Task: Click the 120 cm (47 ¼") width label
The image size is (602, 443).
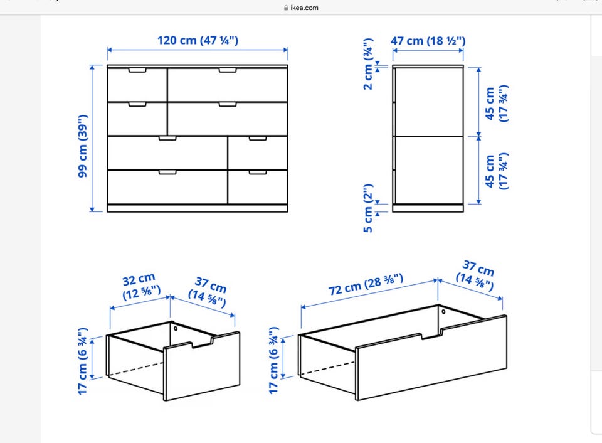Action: coord(198,40)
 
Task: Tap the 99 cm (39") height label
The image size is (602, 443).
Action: coord(83,146)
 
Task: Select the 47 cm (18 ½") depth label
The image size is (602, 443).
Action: coord(428,40)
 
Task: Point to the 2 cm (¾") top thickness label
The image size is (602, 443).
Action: coord(367,64)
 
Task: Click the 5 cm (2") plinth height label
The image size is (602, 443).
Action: coord(368,208)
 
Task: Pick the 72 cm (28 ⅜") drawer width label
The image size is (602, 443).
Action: coord(366,284)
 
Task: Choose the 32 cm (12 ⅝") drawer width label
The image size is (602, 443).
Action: coord(140,286)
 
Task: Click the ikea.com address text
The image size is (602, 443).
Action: coord(304,8)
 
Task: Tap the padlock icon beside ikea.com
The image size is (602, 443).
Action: coord(286,8)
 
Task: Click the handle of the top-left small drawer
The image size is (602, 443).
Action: coord(137,71)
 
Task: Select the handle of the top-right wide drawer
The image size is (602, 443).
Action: coord(228,70)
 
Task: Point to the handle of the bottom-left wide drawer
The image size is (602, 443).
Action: coord(168,172)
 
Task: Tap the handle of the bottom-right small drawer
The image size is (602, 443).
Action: coord(258,173)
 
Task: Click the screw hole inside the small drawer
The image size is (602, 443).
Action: coord(176,329)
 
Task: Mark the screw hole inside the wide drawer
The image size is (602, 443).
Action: coord(443,311)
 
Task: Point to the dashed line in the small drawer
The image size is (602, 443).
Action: coord(135,368)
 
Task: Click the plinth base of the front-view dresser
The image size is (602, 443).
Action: coord(198,208)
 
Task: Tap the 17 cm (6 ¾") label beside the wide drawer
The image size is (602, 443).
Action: coord(273,360)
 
